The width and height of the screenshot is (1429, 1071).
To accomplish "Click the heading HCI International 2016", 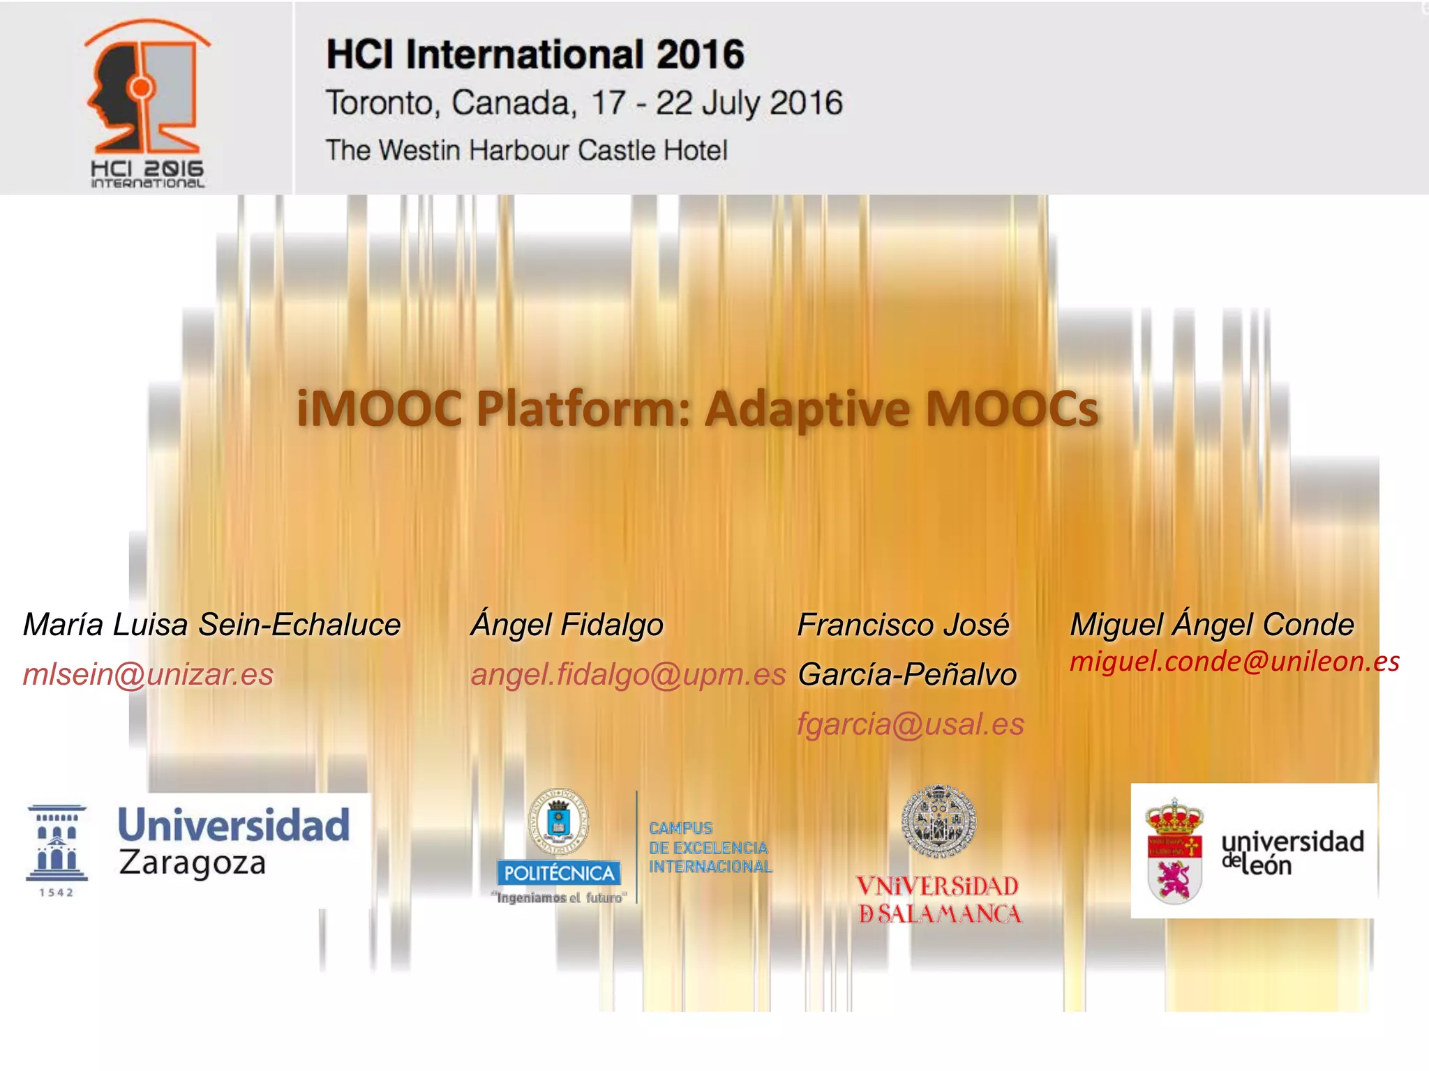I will coord(535,54).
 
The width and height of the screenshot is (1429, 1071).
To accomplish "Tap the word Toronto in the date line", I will coord(380,103).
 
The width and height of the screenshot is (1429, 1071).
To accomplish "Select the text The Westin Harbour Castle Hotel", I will coord(526,151).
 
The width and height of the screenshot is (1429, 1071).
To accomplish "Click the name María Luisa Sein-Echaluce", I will coord(211,625).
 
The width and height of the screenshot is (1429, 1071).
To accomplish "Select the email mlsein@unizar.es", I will coord(148,674).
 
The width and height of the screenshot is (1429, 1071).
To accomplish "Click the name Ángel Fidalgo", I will coord(567,625).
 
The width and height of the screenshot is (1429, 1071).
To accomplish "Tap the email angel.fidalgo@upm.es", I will coord(628,674).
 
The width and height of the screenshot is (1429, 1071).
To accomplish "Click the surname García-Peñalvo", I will coord(907,674).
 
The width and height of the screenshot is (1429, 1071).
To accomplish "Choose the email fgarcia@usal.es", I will coord(911,724).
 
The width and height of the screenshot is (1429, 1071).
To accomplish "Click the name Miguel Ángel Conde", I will coord(1212,625).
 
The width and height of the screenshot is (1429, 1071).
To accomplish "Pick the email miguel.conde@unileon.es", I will coord(1234,661).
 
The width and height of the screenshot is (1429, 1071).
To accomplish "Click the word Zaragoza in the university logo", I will coord(193,863).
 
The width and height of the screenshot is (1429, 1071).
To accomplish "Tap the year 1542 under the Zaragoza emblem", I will coord(57,892).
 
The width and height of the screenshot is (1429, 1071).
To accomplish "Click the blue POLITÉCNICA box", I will coord(558,873).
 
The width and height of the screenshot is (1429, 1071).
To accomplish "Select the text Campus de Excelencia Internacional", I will coord(710,848).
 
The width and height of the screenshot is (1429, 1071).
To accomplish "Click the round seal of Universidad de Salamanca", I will coord(938,821).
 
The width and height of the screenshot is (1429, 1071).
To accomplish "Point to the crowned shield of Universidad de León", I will coord(1174,853).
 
